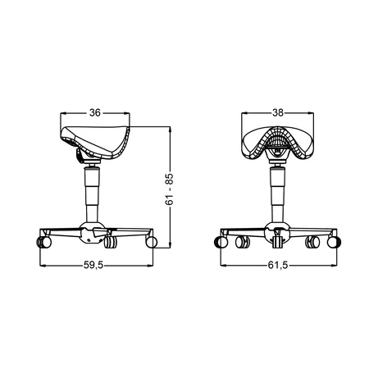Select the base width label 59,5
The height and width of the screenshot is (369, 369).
pyautogui.click(x=95, y=265)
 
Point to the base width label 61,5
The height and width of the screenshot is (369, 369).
pyautogui.click(x=280, y=265)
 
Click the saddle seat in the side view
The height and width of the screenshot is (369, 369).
pyautogui.click(x=98, y=140)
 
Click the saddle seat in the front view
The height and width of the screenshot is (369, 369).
pyautogui.click(x=279, y=141)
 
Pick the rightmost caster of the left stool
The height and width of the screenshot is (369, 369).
pyautogui.click(x=150, y=242)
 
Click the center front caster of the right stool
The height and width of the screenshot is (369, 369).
pyautogui.click(x=279, y=239)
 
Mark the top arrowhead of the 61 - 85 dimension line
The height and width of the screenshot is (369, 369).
pyautogui.click(x=170, y=127)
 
